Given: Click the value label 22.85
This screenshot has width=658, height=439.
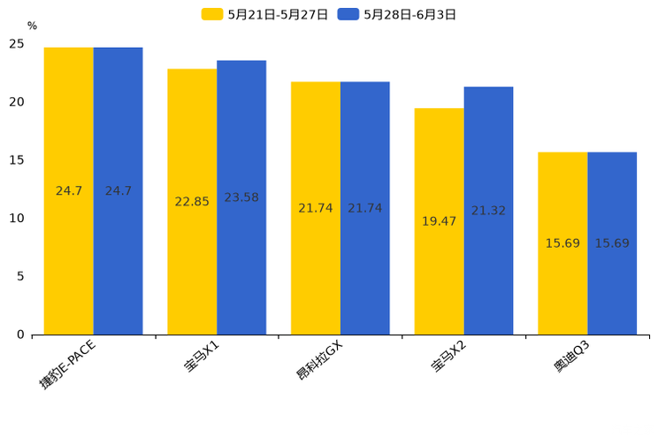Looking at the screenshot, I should pos(192,202).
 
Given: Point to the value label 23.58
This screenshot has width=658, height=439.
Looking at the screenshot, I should pos(241,197).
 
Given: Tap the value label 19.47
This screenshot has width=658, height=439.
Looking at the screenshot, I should pos(439,221).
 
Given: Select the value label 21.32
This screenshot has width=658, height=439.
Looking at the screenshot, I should pos(488,211).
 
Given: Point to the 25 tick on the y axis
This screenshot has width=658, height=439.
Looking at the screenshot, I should pos(17,43).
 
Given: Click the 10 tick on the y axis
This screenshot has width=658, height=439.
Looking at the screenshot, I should pos(17,219).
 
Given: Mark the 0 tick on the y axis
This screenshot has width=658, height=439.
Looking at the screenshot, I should pos(20,335).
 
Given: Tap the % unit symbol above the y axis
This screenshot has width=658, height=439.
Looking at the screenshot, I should pos(32,27).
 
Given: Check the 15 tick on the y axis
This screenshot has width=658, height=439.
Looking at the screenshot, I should pos(17,160).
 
